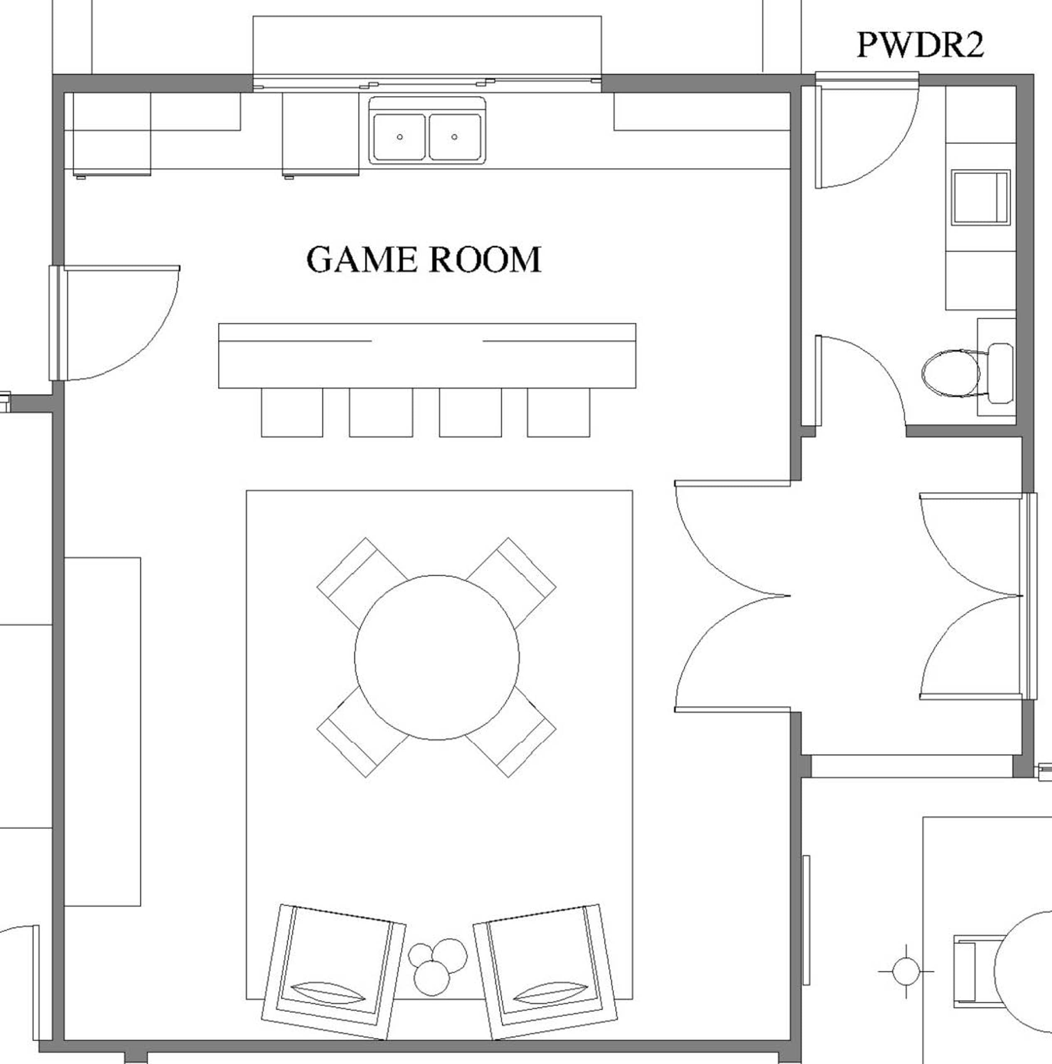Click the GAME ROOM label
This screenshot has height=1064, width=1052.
(x=424, y=259)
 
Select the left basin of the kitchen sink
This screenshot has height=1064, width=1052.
(x=399, y=137)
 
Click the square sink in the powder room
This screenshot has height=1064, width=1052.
(x=981, y=197)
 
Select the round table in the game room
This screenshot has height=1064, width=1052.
(x=437, y=658)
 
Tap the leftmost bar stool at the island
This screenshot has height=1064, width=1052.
(x=292, y=412)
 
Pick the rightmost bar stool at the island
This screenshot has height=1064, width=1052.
(x=559, y=412)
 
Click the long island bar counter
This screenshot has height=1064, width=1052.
(x=427, y=356)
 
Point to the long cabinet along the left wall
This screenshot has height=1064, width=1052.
(x=102, y=731)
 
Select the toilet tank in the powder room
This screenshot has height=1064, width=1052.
(x=1001, y=373)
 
